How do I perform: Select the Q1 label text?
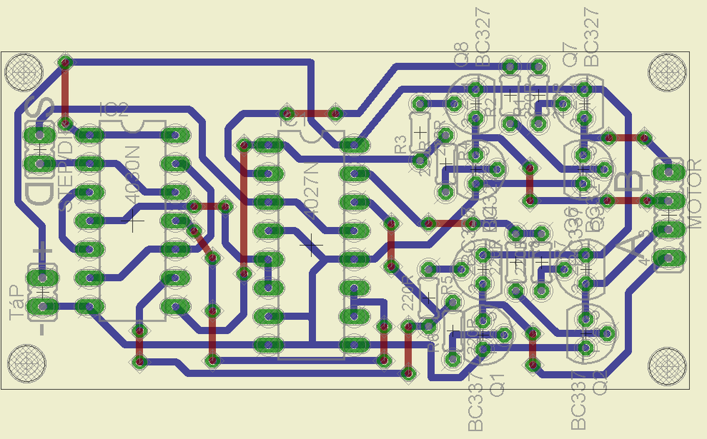click(497, 383)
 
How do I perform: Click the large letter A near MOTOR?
click(630, 251)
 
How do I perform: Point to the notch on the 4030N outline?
click(133, 126)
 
